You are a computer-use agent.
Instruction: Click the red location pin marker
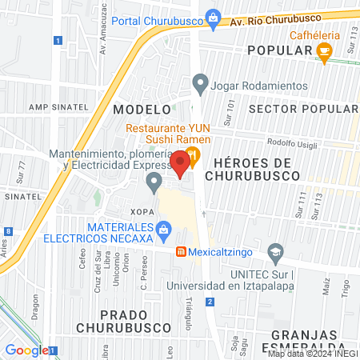coord(181,163)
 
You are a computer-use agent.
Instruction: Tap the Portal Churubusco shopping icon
coord(213,17)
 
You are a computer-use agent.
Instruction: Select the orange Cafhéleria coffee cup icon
coord(324,52)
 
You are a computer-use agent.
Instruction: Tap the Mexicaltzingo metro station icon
coord(182,252)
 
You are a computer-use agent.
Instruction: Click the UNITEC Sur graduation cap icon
coord(275,252)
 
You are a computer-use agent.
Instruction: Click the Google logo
coord(26,350)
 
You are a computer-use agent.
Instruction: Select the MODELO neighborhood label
coord(132,108)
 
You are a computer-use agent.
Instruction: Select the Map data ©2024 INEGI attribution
coord(312,354)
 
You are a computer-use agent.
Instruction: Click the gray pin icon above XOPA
coord(154,185)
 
